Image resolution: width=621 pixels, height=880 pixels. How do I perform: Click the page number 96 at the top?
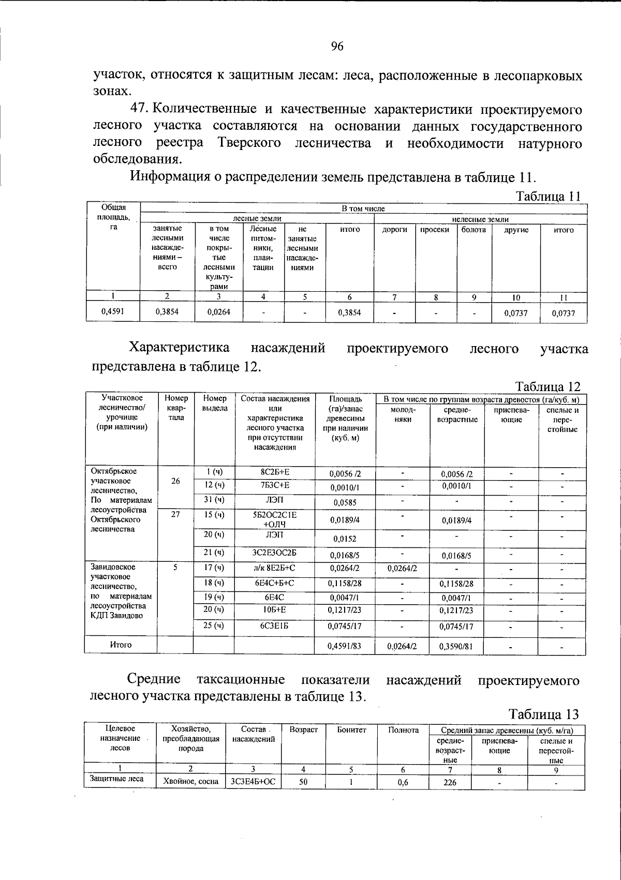337,47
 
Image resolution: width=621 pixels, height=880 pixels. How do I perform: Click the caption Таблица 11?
548,197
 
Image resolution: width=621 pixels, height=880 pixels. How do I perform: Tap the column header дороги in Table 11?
394,230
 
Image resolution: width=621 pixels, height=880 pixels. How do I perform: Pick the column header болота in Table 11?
474,230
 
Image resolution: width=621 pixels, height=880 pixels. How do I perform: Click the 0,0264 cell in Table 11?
218,312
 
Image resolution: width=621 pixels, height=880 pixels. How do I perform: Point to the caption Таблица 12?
548,386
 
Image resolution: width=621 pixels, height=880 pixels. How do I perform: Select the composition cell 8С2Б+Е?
275,472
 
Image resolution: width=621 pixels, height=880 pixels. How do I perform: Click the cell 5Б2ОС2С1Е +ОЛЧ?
275,519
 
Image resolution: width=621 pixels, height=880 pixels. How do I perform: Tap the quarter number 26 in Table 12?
175,481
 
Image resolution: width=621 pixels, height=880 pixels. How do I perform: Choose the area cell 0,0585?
345,502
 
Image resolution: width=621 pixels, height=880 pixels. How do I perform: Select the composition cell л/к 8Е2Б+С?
275,568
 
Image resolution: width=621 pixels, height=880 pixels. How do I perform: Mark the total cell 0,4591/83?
345,646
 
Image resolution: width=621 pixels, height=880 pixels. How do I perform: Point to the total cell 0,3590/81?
456,646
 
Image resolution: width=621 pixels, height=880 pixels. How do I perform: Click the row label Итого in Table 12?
121,645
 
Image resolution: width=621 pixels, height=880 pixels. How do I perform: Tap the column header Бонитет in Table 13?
351,729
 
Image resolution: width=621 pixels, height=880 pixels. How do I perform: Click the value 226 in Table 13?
450,782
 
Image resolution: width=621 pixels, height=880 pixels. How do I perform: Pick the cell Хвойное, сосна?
190,782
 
